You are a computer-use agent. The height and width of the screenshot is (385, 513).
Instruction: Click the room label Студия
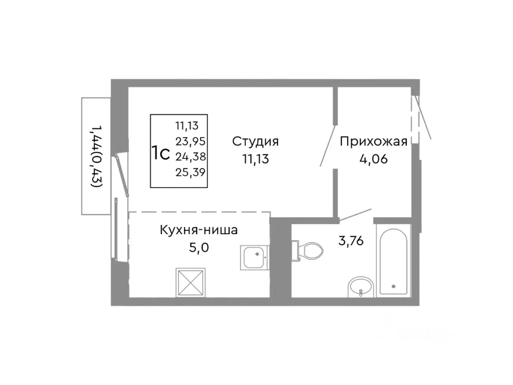(x=255, y=141)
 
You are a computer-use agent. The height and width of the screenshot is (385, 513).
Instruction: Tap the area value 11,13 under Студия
(x=255, y=159)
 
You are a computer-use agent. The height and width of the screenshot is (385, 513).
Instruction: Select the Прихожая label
(x=374, y=141)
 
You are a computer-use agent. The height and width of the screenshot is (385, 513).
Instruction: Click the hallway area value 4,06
(x=374, y=159)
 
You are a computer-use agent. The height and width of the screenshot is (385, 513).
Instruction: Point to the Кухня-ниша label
(x=199, y=230)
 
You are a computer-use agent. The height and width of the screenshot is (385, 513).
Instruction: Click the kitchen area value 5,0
(x=199, y=247)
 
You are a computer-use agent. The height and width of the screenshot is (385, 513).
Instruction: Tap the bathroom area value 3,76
(x=351, y=241)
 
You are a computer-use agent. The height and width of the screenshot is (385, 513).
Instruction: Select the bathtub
(x=393, y=260)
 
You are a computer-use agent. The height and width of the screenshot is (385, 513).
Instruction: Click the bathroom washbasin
(x=361, y=287)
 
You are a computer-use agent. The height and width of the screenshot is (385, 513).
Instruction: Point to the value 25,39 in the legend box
(x=190, y=172)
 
